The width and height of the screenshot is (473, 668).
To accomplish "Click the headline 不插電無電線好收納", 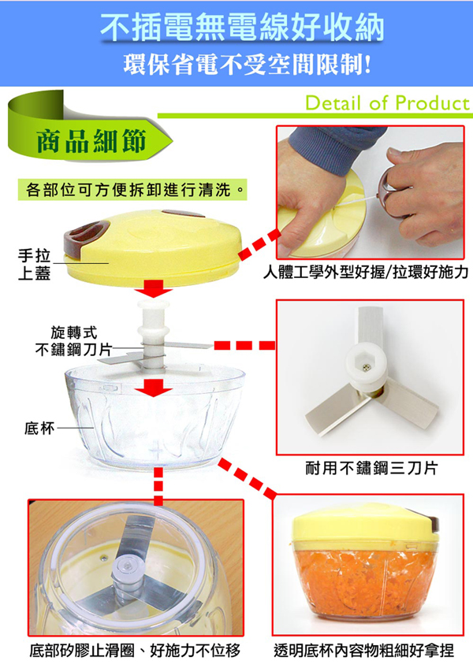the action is tap(242, 27).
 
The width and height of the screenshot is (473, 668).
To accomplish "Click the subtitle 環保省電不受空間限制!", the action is tap(248, 65).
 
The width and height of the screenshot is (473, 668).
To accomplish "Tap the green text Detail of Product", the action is tap(387, 103).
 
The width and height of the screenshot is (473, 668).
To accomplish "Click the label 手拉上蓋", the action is tap(34, 264).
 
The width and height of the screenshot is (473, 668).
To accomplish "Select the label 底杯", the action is tap(39, 428).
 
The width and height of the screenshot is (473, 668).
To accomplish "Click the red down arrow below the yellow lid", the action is tap(154, 288).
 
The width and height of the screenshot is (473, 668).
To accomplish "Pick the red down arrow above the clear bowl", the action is tap(154, 387).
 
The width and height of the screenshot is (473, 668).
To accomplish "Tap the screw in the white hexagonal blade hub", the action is tap(366, 368).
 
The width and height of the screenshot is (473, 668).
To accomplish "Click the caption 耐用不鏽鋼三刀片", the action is tap(371, 468).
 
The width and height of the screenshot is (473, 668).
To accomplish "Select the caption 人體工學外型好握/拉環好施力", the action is tap(366, 271).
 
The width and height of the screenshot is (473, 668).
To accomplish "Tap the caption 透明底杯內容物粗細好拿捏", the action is tap(363, 650).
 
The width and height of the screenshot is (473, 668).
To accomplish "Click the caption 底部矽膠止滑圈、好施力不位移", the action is tap(135, 650).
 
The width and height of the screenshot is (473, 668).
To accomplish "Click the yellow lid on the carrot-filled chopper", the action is tap(366, 524).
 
